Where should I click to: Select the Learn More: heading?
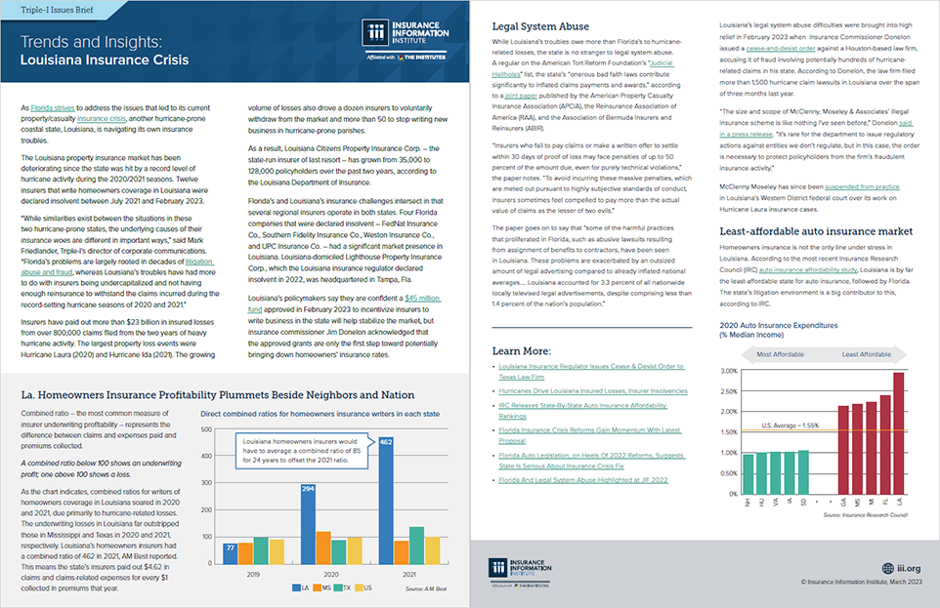click(x=520, y=349)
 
